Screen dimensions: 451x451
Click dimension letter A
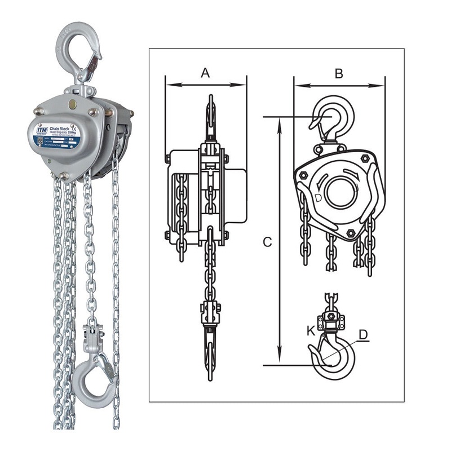[x=205, y=73]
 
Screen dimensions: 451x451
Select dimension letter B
[x=338, y=73]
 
